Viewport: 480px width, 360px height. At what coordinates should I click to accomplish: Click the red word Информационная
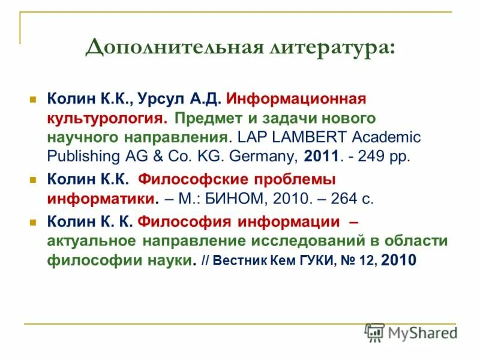[x=296, y=98]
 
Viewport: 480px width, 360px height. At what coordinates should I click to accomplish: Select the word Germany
[x=266, y=156]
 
